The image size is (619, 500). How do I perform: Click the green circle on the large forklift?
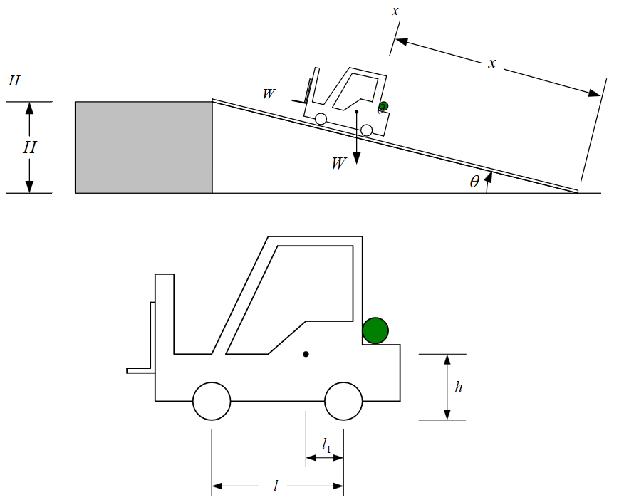[x=375, y=330]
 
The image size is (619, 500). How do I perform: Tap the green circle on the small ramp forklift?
[x=383, y=106]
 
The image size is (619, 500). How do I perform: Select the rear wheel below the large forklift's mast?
[x=212, y=401]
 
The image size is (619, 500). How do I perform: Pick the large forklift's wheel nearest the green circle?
[x=343, y=401]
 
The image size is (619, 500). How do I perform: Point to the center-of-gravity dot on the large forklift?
[x=306, y=354]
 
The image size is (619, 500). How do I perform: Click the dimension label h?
[x=459, y=387]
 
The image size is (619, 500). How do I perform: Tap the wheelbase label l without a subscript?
[x=276, y=486]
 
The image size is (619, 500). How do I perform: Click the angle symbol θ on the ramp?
[x=474, y=182]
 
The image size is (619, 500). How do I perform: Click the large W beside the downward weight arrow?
[x=339, y=163]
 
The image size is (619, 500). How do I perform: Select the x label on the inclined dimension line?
[x=491, y=63]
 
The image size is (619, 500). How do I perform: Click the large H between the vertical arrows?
[x=29, y=148]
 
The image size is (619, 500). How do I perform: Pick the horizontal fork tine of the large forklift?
[x=140, y=370]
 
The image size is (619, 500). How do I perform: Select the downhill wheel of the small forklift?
[x=367, y=130]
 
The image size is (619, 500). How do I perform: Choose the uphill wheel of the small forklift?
[x=321, y=119]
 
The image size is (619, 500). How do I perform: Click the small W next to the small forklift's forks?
[x=269, y=94]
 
